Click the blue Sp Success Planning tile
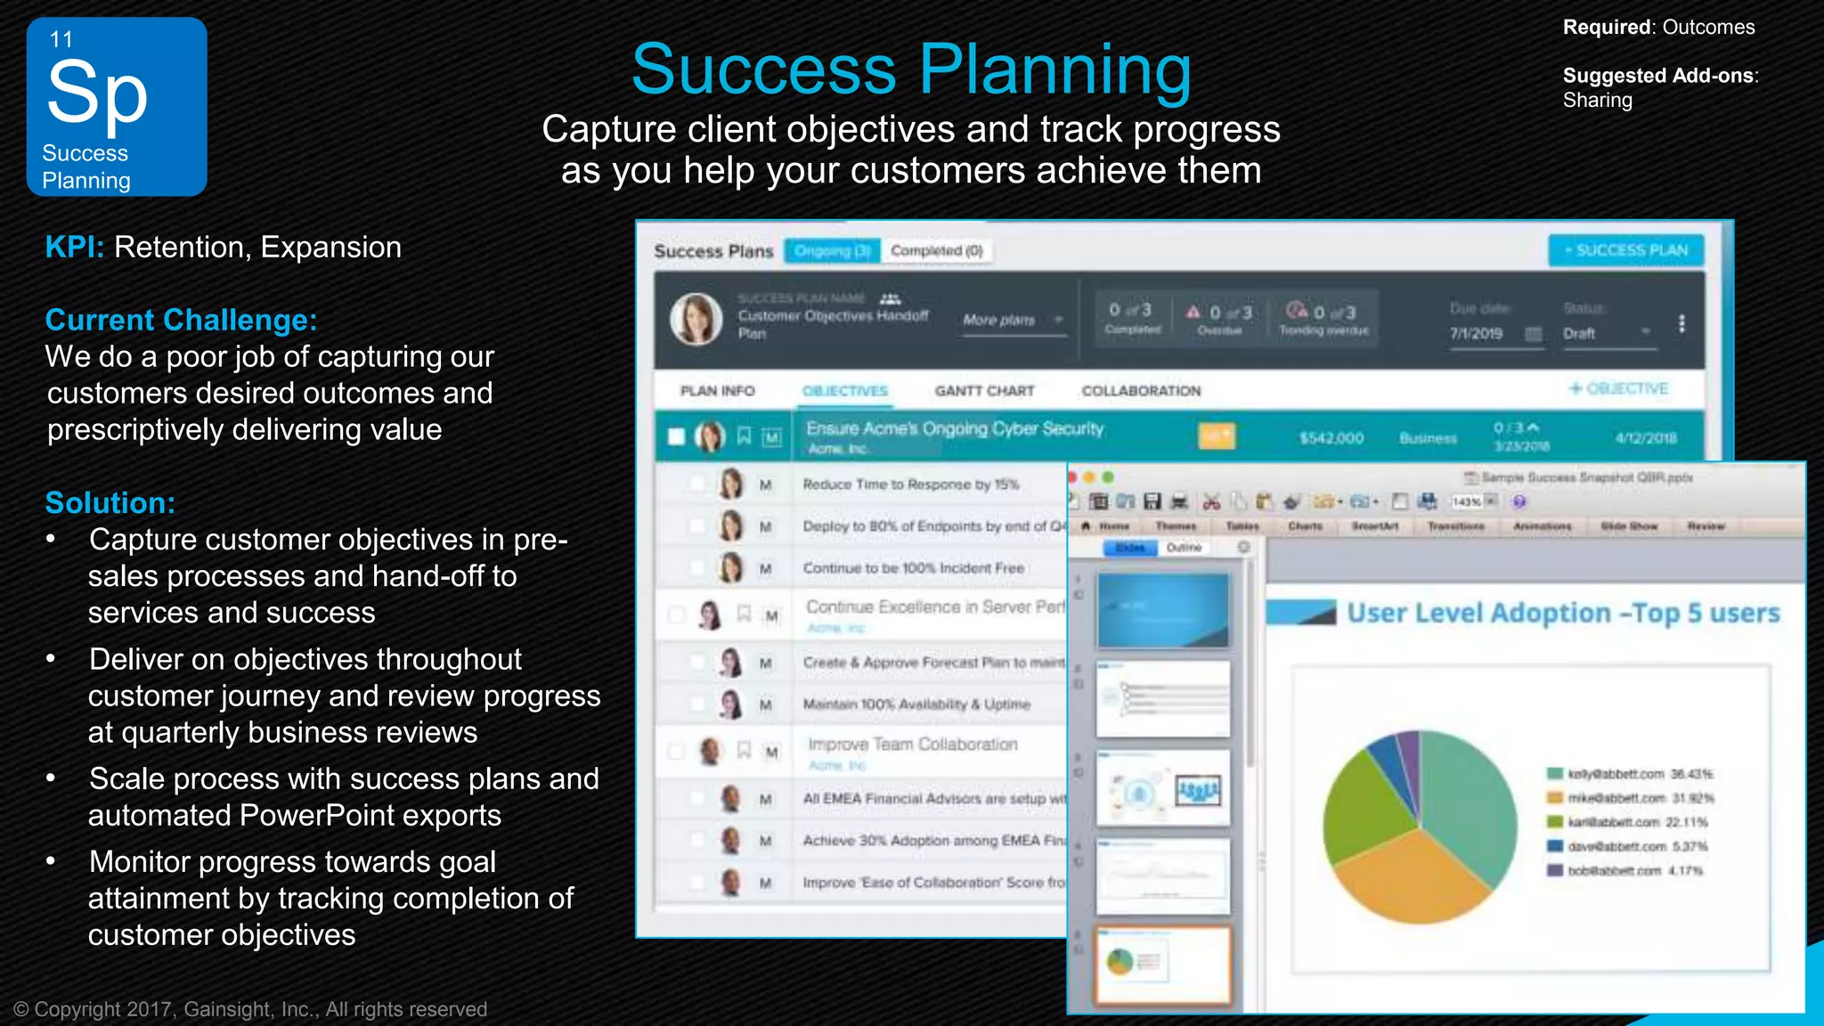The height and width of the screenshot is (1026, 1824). coord(117,106)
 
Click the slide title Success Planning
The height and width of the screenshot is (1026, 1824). coord(911,69)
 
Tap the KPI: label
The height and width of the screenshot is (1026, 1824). coord(75,247)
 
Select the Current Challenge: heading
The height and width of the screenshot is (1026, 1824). coord(181,320)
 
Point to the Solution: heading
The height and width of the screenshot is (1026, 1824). coord(110,502)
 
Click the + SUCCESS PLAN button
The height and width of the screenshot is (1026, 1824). coord(1626,250)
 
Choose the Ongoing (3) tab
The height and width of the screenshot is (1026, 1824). coord(832,251)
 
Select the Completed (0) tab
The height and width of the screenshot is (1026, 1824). coord(937,251)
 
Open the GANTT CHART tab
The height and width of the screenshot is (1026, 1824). coord(984,391)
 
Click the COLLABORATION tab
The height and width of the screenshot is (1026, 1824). coord(1141,391)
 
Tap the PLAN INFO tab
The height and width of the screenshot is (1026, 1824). coord(717,391)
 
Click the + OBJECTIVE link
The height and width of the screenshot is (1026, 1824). coord(1618,388)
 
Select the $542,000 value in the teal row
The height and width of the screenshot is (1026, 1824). coord(1331,438)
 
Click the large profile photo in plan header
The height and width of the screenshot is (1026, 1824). coord(696,319)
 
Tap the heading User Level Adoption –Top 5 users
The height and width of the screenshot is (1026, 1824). coord(1563,613)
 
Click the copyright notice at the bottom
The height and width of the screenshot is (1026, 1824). coord(250,1009)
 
